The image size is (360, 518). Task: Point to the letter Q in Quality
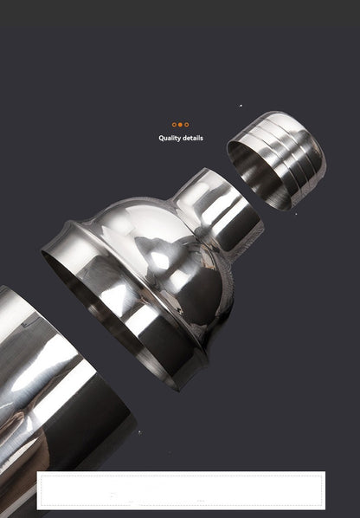pyautogui.click(x=161, y=138)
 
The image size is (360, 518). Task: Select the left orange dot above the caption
pyautogui.click(x=174, y=125)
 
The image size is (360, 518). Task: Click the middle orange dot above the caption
pyautogui.click(x=181, y=125)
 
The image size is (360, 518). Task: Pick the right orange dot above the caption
pyautogui.click(x=188, y=125)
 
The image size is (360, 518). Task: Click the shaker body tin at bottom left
pyautogui.click(x=43, y=390)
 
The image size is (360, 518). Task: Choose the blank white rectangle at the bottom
pyautogui.click(x=181, y=489)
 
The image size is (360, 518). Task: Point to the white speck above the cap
pyautogui.click(x=241, y=106)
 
